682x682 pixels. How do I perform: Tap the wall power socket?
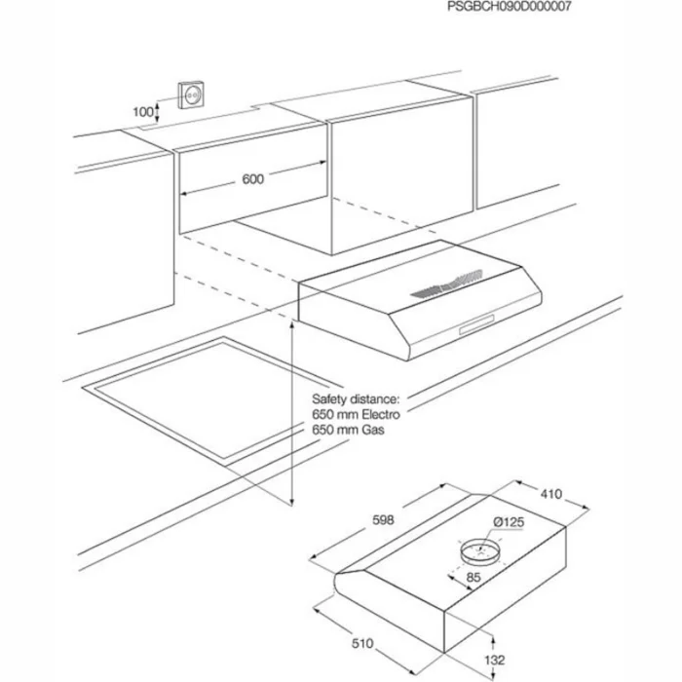pos(190,95)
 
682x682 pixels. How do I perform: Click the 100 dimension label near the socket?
pos(142,112)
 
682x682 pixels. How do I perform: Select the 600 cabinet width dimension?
pos(252,179)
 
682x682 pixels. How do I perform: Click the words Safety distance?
pos(356,398)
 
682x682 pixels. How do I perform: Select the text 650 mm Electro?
pos(356,414)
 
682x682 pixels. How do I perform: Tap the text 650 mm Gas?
pos(347,429)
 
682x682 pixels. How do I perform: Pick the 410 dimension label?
pos(550,494)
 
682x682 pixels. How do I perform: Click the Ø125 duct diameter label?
pos(509,523)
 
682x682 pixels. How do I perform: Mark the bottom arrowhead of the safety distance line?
pos(292,503)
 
